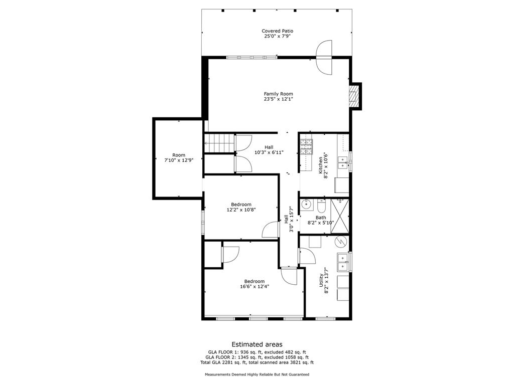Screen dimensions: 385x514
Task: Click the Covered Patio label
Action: tap(277, 31)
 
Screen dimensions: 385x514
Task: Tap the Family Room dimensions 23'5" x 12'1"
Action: tap(279, 99)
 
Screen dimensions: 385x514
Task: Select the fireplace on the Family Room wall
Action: tap(355, 95)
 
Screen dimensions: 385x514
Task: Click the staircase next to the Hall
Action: tap(219, 143)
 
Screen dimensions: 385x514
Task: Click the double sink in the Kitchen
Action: tap(343, 161)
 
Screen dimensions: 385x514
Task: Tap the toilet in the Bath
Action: tap(322, 206)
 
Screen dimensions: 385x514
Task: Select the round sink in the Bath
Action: tap(307, 205)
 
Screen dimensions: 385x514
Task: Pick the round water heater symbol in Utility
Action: tap(341, 242)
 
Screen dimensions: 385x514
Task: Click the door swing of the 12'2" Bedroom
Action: tap(270, 230)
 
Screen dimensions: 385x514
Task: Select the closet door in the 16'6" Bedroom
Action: tap(230, 255)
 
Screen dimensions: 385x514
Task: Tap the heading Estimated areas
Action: tap(256, 344)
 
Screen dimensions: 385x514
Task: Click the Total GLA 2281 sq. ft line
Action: tap(256, 362)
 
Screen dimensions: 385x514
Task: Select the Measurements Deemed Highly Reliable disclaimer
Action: tap(256, 374)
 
